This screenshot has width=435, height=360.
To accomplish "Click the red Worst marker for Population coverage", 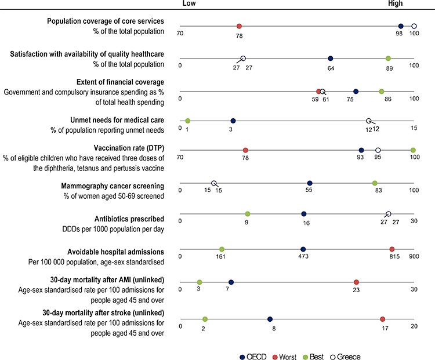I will (239, 27).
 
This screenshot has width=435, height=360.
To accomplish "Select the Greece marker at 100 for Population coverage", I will (414, 27).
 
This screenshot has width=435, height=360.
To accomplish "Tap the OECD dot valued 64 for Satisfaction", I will (331, 59).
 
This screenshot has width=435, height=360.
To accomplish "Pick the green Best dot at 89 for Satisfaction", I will (389, 59).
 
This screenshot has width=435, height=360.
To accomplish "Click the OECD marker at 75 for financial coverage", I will (356, 91).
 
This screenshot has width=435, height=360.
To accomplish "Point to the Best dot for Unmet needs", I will (187, 121).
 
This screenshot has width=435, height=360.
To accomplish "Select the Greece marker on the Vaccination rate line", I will (378, 151).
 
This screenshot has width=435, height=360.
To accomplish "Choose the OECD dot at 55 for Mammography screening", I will (310, 183).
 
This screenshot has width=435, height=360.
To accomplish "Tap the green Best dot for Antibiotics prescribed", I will (248, 214).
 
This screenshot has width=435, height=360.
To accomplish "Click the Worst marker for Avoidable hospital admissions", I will (392, 249).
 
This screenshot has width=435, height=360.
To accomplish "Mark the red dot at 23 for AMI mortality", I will (357, 282).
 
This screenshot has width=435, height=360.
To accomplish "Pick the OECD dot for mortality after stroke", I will (270, 319).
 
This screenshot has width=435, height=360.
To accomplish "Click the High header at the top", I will (396, 3).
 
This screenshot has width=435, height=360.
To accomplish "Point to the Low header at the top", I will (189, 3).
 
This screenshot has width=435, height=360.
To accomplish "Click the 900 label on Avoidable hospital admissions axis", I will (413, 256).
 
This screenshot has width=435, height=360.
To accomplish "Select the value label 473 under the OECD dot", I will (303, 256).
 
